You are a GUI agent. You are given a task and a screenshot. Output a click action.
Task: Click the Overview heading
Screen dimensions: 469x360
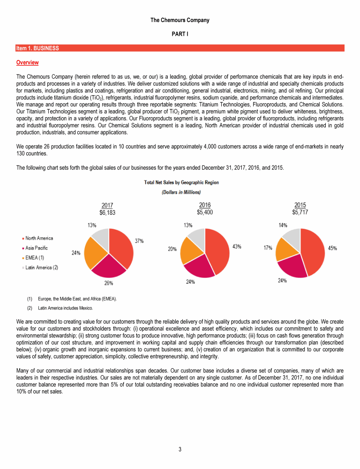tap(27, 62)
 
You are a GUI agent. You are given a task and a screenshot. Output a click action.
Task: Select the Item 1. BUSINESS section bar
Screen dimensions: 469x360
tap(180, 48)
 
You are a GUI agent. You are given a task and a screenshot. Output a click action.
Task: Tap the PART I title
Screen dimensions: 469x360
tap(180, 35)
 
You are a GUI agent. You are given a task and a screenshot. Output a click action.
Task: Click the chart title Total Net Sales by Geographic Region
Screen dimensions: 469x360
tap(181, 182)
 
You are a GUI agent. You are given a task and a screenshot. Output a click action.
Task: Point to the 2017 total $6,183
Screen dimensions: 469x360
tap(107, 212)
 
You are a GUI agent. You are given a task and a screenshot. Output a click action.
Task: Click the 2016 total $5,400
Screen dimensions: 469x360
tap(204, 212)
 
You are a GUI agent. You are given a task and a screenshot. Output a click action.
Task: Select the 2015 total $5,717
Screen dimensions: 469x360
tap(300, 212)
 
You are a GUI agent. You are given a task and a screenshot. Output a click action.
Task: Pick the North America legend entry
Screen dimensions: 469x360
tap(38, 238)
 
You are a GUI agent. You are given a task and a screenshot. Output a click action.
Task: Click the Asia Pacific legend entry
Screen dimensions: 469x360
tap(36, 248)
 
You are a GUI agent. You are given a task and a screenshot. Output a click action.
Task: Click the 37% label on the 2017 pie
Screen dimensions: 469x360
tap(139, 241)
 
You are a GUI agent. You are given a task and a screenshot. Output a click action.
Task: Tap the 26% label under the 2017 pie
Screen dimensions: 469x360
tap(108, 282)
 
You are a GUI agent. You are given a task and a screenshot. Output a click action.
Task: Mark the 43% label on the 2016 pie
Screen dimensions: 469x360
tap(237, 247)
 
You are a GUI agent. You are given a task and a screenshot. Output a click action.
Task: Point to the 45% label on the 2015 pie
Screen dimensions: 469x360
tap(332, 248)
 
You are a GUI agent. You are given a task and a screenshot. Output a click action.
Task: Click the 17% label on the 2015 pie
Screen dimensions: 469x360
tap(268, 248)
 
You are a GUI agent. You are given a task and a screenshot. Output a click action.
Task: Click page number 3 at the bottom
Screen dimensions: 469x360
tap(180, 450)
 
